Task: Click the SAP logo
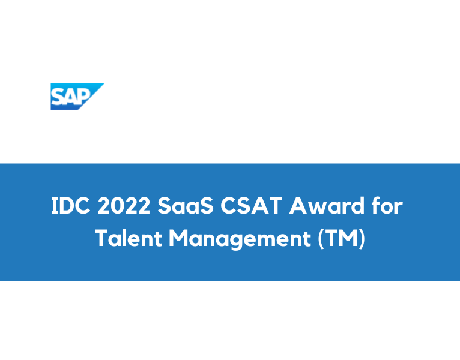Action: pos(76,97)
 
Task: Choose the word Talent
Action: pos(129,238)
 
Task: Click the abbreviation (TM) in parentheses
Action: pos(340,239)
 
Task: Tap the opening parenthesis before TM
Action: pos(319,239)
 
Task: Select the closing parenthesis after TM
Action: pos(362,239)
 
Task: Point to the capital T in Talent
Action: pos(102,238)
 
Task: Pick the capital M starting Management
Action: pos(179,238)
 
